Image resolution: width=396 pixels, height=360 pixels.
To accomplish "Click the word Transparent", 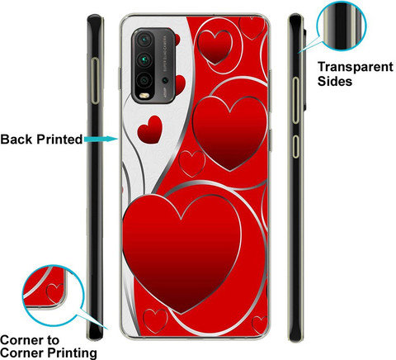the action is [356, 67].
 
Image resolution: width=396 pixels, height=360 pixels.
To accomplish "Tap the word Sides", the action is [335, 81].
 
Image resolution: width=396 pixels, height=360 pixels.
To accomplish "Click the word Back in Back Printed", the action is [16, 139].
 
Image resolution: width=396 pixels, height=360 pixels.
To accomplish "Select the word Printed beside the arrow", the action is [59, 139].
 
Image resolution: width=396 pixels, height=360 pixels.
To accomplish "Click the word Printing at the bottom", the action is [72, 353].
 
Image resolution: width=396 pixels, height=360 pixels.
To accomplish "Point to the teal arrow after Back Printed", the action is [101, 139].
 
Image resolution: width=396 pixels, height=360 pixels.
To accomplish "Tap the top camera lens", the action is [144, 40].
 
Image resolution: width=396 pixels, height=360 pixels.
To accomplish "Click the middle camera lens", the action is [144, 59].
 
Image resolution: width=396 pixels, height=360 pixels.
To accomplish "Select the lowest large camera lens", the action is [144, 80].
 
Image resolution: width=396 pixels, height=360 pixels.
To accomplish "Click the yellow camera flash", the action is [144, 96].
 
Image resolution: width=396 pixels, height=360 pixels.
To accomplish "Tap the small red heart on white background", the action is [150, 130].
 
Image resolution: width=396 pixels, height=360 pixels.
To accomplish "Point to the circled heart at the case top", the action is [214, 47].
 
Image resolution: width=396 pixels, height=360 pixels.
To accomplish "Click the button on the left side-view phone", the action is [95, 81].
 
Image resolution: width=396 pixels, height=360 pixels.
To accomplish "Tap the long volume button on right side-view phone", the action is [295, 100].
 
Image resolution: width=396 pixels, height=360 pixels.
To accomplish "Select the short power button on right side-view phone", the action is [295, 146].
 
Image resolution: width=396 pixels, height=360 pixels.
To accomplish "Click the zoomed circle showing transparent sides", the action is [342, 26].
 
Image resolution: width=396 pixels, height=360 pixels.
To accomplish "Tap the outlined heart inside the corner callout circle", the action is [55, 293].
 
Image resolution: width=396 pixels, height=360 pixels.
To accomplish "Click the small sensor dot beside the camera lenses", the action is [165, 80].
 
